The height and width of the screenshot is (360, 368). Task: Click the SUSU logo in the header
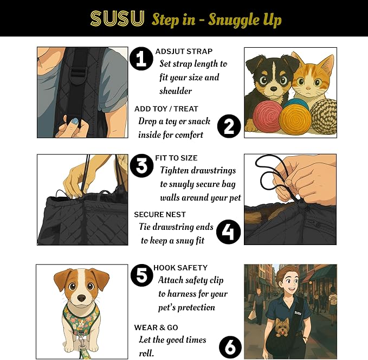click(x=117, y=19)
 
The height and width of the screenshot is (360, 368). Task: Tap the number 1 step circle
click(x=141, y=59)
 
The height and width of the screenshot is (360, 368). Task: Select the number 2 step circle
click(x=229, y=126)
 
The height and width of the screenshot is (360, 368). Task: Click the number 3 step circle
click(x=142, y=166)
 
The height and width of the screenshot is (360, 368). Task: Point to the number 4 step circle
click(x=228, y=233)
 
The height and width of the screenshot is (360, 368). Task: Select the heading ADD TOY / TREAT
click(x=166, y=109)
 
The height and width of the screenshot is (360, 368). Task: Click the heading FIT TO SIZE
click(x=176, y=158)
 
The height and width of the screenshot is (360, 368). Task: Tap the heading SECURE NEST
click(x=160, y=215)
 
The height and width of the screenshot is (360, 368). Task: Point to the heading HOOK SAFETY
click(x=180, y=268)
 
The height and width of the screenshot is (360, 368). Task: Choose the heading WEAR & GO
click(x=156, y=327)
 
